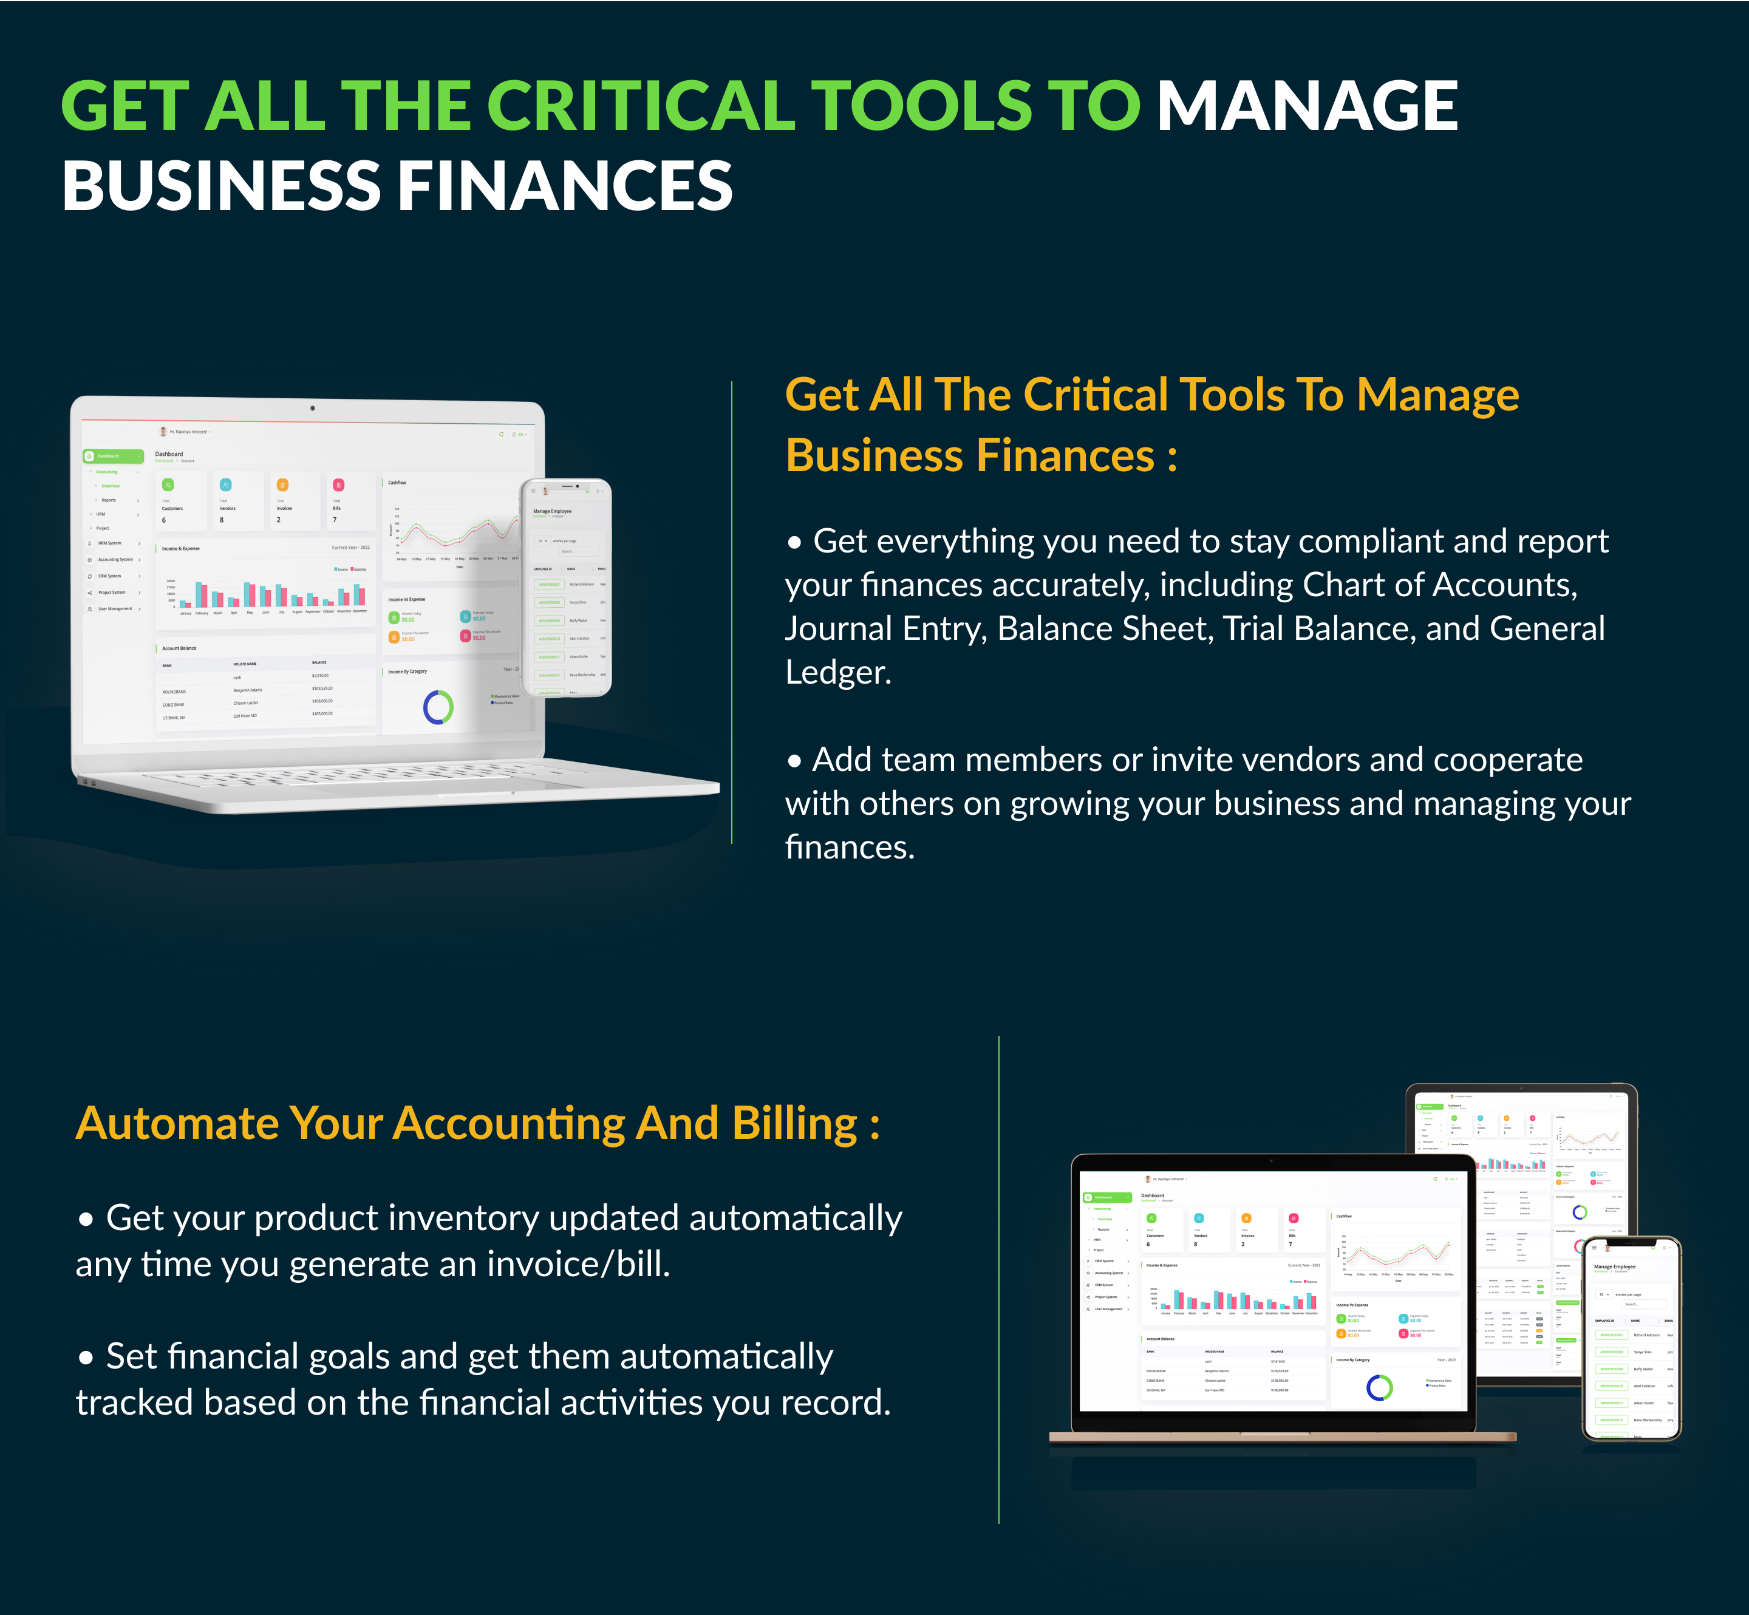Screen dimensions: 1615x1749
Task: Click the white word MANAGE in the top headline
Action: tap(1307, 107)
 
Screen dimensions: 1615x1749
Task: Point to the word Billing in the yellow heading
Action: tap(794, 1124)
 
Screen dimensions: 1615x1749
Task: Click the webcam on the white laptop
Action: tap(312, 408)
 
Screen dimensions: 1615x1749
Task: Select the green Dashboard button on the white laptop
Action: tap(113, 456)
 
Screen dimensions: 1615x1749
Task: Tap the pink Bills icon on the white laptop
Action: tap(338, 485)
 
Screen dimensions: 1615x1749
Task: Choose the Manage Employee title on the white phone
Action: tap(553, 511)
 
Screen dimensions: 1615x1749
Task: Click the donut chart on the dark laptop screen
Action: tap(1379, 1387)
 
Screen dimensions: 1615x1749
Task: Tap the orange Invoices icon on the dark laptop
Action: tap(1246, 1219)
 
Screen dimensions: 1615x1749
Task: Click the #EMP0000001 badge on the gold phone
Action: tap(1612, 1335)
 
